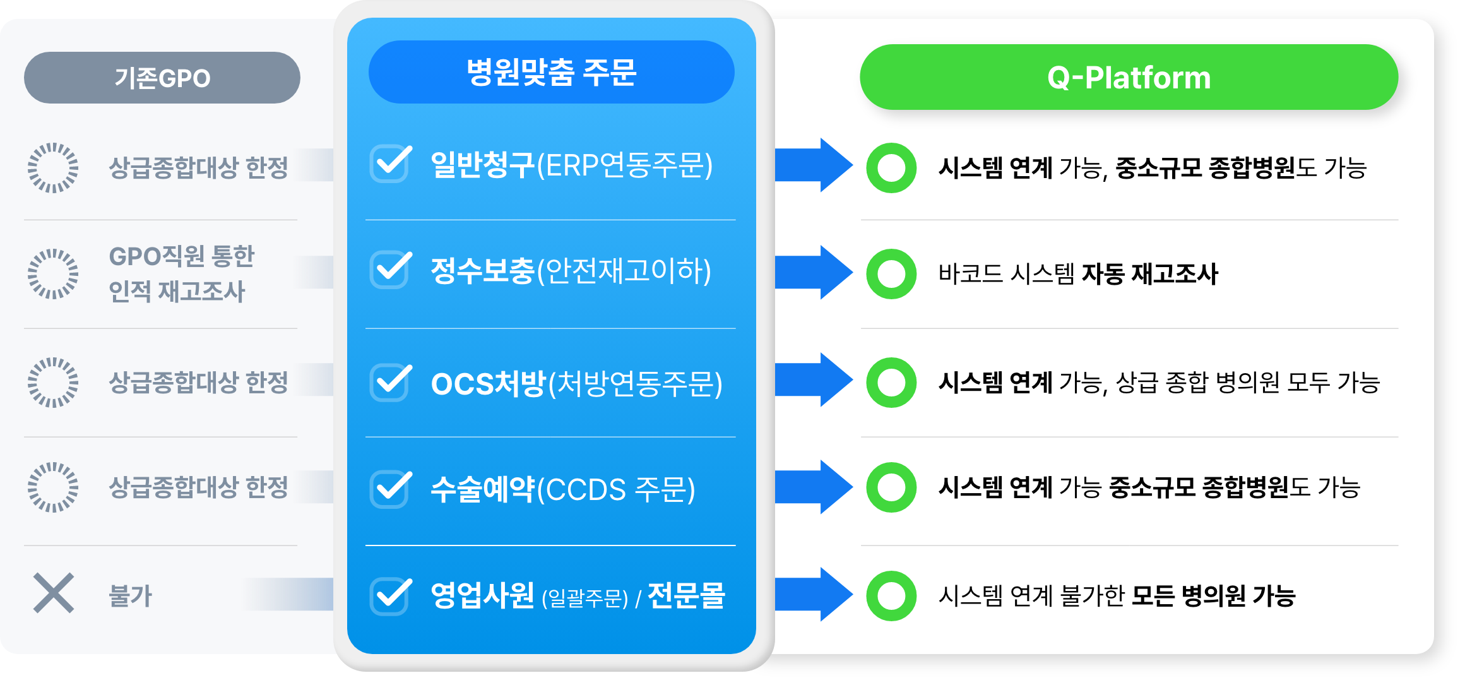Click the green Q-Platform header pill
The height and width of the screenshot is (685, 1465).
pos(1129,78)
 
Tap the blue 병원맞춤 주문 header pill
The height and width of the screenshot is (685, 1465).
pos(551,72)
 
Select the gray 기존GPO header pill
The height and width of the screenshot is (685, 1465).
pos(162,78)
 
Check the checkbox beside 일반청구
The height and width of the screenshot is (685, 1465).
pos(391,164)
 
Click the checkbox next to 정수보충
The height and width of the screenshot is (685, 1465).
pos(391,270)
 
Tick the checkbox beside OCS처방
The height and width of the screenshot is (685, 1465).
pos(391,382)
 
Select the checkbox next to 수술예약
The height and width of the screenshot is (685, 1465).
pos(391,489)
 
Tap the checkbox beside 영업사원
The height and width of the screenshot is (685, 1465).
pos(391,596)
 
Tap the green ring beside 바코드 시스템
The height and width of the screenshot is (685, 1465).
pos(891,274)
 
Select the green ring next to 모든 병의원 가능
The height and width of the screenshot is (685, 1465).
pos(891,596)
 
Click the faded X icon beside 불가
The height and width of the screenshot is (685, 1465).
pos(54,593)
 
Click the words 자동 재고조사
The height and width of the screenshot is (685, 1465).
pos(1150,274)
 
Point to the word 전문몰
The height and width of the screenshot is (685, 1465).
pos(686,595)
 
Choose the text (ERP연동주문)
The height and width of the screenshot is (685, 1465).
pos(625,165)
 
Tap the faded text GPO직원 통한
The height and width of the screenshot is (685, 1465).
pos(182,256)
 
